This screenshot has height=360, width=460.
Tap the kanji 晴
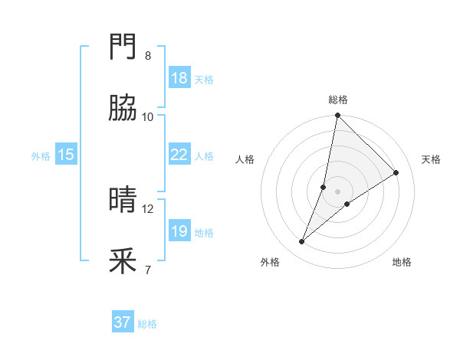tap(123, 201)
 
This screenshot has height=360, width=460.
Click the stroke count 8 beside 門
tap(148, 56)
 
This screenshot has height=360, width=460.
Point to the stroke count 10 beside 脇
tap(148, 117)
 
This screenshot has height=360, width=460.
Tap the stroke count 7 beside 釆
tap(148, 270)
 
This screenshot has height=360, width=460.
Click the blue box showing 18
tap(179, 78)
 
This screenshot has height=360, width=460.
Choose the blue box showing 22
tap(179, 155)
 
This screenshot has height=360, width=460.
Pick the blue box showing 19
tap(179, 231)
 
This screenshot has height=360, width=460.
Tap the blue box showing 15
tap(66, 155)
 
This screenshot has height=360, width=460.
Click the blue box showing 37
tap(123, 322)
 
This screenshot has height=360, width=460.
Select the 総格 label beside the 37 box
tap(147, 324)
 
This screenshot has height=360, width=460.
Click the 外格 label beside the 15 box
tap(41, 156)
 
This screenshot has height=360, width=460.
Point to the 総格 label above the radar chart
tap(337, 100)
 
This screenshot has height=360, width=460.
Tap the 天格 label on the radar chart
tap(431, 159)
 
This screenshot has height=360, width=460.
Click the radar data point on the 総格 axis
tap(337, 116)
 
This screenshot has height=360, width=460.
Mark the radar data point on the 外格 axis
tap(302, 242)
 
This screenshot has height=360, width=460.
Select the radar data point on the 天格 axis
tap(396, 173)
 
